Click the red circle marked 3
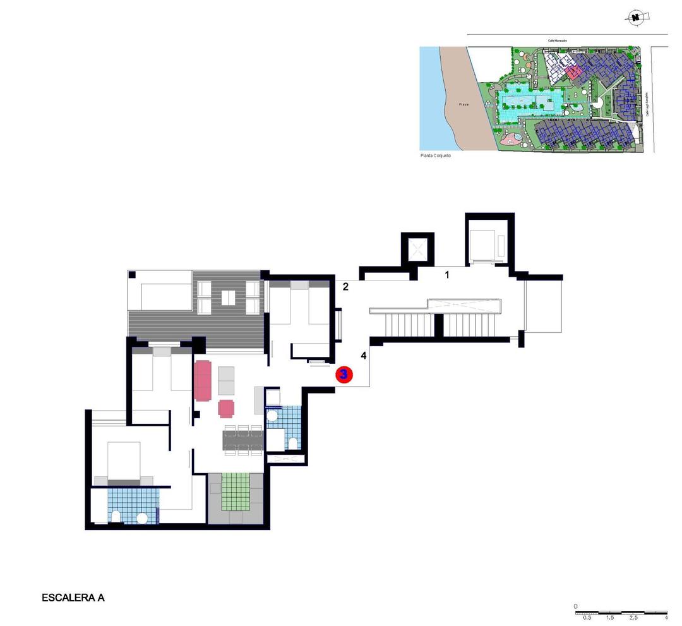click(344, 374)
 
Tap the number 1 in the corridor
click(447, 274)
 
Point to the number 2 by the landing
click(345, 287)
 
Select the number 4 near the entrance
click(363, 356)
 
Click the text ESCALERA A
click(73, 597)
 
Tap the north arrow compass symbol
click(637, 18)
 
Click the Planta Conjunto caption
click(436, 155)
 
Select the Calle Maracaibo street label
click(558, 41)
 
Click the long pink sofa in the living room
click(203, 380)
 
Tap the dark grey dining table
click(242, 440)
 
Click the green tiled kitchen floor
click(236, 491)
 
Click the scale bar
click(621, 613)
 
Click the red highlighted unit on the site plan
click(573, 72)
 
